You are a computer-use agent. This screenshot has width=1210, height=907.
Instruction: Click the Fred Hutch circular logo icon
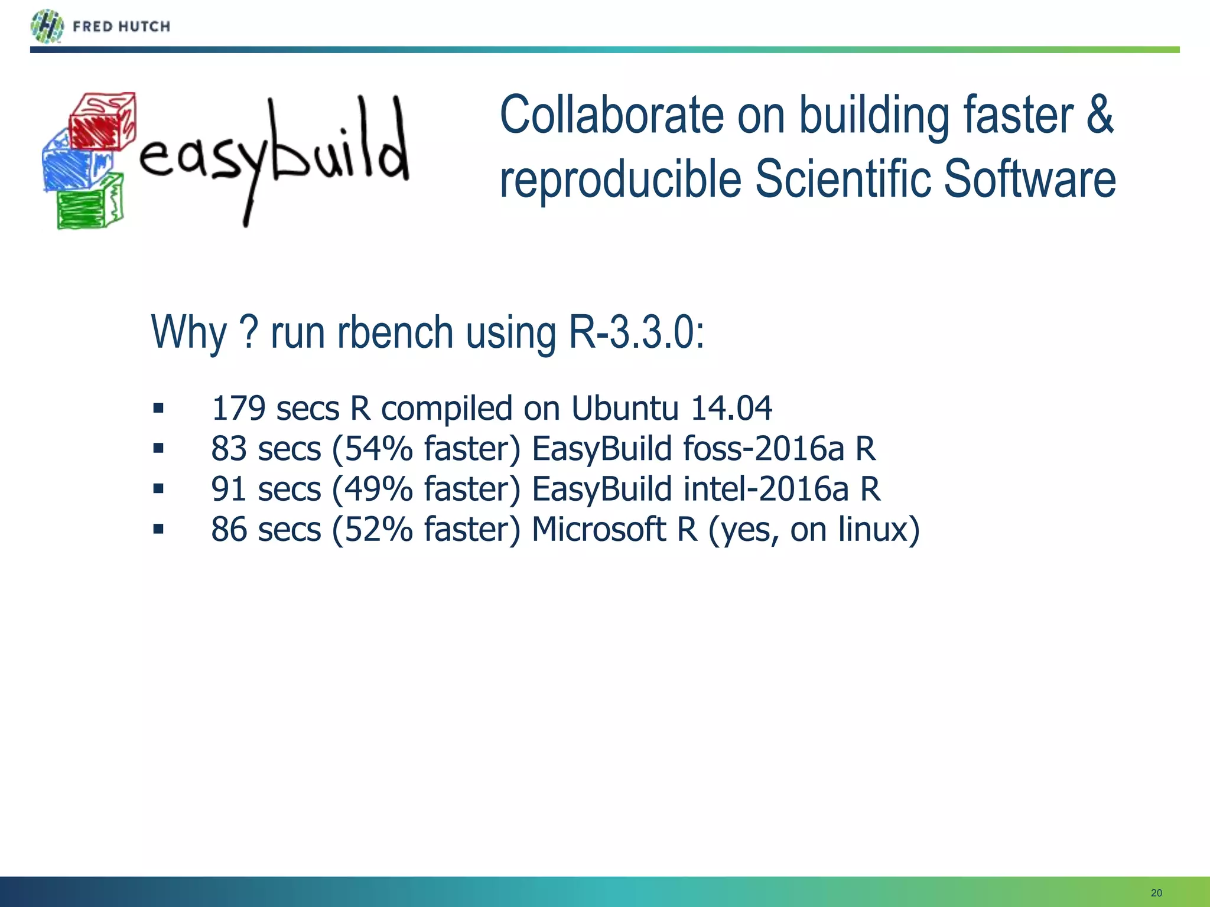[47, 27]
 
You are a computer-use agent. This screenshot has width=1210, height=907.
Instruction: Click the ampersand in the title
[1099, 115]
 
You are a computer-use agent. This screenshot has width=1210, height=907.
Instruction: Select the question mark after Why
[250, 332]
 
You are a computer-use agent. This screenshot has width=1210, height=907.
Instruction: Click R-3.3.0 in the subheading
[635, 332]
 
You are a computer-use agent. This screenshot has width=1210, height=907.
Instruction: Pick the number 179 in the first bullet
[238, 409]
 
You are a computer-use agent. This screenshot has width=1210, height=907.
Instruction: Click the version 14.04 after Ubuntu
[731, 409]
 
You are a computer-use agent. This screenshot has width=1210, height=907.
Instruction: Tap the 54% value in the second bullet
[378, 449]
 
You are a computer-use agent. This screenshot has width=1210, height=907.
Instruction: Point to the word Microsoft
[599, 529]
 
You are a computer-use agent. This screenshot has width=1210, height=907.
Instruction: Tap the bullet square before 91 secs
[158, 489]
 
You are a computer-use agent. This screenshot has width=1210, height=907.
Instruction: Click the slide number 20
[1156, 893]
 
